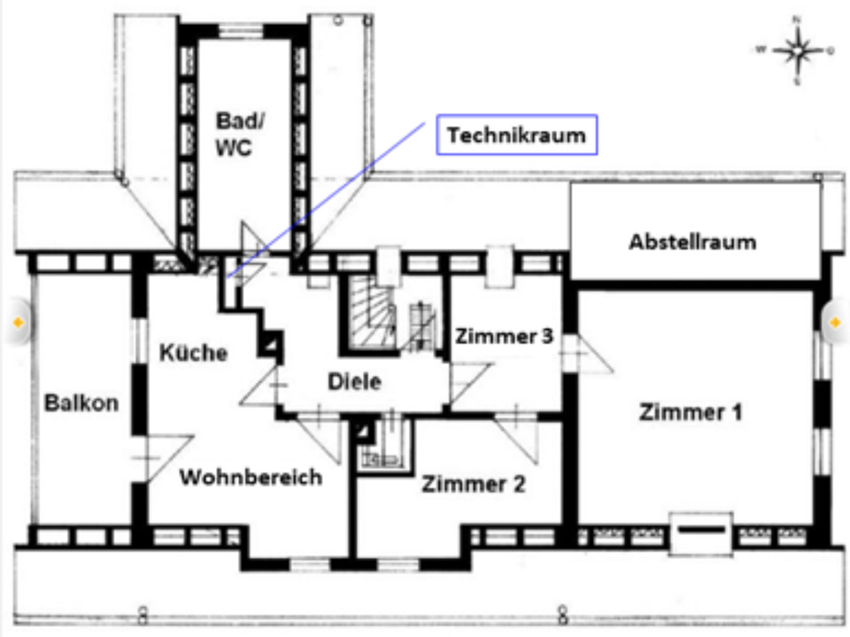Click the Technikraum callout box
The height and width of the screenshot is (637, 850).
[x=516, y=135]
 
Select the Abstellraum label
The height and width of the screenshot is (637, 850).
[x=692, y=242]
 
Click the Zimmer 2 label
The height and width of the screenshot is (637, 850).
[x=474, y=484]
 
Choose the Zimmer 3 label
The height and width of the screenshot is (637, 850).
[x=505, y=336]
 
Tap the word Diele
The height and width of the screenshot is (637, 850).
[x=354, y=381]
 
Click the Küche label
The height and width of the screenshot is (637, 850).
[x=193, y=352]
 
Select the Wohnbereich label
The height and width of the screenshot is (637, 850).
[x=251, y=477]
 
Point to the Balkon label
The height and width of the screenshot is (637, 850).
[x=81, y=403]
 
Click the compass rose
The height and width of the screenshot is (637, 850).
[x=797, y=50]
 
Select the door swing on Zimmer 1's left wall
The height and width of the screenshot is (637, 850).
[x=584, y=354]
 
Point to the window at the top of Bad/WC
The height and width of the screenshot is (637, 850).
[x=236, y=31]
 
